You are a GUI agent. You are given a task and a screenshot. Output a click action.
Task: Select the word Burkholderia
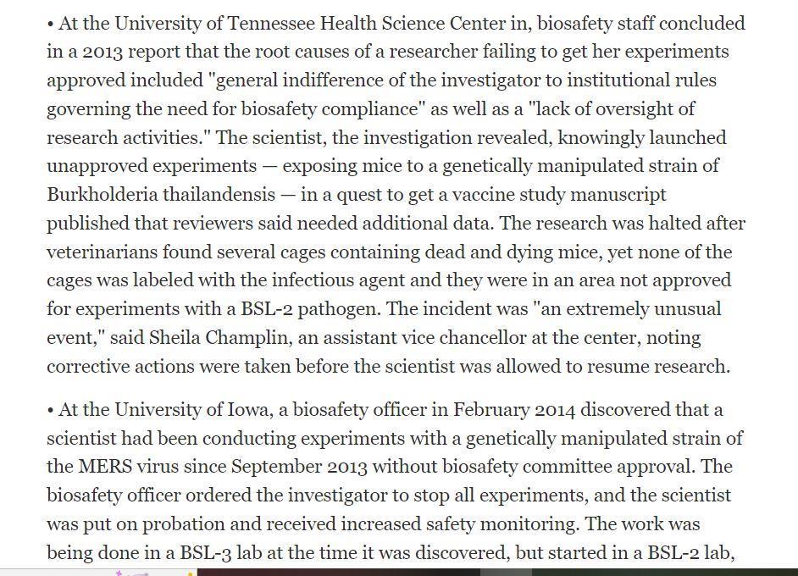[x=102, y=195]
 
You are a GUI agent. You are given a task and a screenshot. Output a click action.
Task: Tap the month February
[x=490, y=410]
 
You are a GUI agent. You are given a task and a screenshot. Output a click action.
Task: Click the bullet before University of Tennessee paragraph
[x=51, y=24]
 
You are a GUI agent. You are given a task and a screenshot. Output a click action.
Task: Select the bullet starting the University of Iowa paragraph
[x=51, y=411]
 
